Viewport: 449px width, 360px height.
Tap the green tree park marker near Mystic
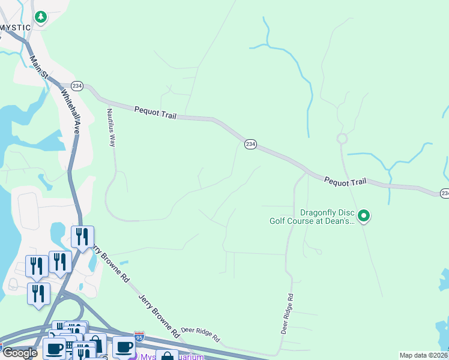tap(41, 17)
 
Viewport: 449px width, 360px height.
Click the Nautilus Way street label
tap(110, 127)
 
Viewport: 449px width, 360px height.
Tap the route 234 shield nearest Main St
tap(77, 86)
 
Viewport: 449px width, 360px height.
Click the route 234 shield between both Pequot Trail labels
tap(250, 144)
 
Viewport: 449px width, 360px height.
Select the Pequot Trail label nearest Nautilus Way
tap(155, 112)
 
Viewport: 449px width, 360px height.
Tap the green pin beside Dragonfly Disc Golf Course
tap(363, 215)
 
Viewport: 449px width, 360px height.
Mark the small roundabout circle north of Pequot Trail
tap(342, 139)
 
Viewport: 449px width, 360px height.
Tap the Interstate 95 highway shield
tap(139, 336)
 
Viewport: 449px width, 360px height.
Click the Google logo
tap(20, 352)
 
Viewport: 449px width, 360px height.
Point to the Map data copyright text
tap(424, 355)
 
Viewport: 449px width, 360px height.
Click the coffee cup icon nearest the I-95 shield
tap(124, 347)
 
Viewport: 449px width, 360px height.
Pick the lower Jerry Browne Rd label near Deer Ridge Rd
tap(158, 314)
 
